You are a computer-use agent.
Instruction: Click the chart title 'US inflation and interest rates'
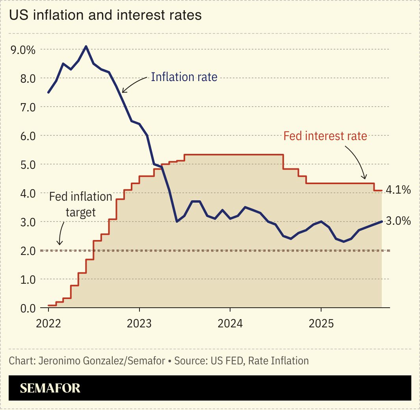click(105, 15)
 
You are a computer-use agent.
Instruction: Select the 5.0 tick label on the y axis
click(28, 164)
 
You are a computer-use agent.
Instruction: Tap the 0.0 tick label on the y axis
click(28, 308)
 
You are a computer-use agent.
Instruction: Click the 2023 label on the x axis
click(139, 324)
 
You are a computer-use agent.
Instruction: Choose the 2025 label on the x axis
click(321, 324)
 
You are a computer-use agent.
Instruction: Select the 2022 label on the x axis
click(48, 324)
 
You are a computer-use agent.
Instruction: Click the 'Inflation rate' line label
click(184, 77)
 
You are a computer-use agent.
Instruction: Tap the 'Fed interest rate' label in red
click(325, 136)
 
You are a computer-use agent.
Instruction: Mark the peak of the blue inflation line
click(86, 46)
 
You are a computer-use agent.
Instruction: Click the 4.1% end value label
click(398, 190)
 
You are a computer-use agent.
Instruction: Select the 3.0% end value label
click(398, 221)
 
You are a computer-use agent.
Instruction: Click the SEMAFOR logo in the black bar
click(50, 388)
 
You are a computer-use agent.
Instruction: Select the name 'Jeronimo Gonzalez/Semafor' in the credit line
click(101, 361)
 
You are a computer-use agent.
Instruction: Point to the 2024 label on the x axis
click(230, 324)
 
